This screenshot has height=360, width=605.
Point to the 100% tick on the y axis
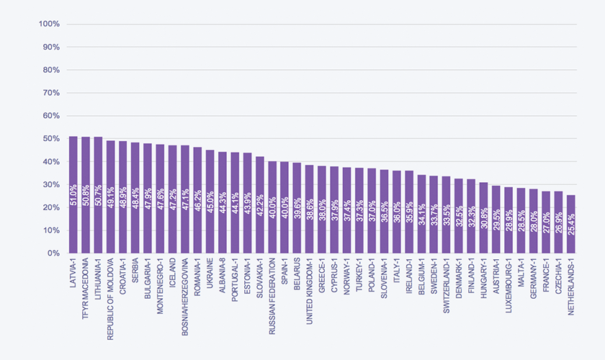click(49, 24)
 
